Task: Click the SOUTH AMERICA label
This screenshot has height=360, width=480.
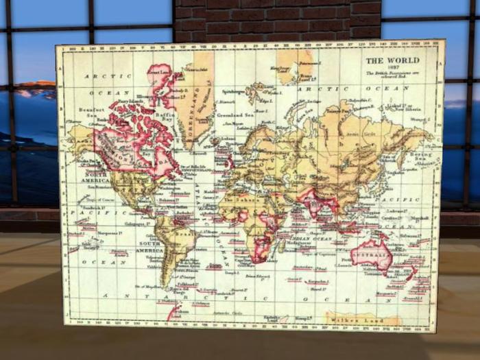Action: [151, 247]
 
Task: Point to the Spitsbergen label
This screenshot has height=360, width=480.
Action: [235, 91]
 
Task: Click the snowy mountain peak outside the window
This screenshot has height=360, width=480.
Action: [38, 88]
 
